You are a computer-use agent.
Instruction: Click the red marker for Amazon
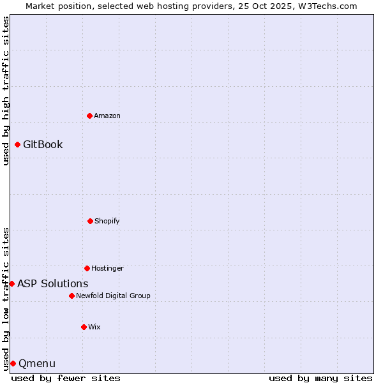click(89, 116)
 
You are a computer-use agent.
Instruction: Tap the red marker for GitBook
click(17, 144)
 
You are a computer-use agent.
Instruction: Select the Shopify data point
click(90, 221)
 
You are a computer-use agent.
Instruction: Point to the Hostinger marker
click(87, 268)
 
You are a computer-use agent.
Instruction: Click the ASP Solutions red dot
click(11, 283)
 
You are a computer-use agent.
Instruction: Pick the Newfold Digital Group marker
click(71, 296)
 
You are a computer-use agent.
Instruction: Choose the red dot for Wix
click(84, 327)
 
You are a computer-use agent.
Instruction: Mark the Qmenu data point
click(13, 363)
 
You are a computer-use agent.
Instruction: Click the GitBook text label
click(43, 144)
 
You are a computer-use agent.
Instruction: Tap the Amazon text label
click(107, 116)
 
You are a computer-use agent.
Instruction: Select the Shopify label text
click(107, 221)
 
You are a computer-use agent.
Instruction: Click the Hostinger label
click(107, 268)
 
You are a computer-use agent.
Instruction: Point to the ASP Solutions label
click(53, 283)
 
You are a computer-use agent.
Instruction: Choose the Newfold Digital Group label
click(113, 296)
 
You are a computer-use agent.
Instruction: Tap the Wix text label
click(94, 327)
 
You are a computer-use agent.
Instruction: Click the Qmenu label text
click(37, 364)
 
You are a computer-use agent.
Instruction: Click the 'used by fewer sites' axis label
click(66, 378)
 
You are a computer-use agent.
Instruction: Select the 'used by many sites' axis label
click(320, 378)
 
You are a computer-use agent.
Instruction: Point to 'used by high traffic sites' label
click(6, 91)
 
